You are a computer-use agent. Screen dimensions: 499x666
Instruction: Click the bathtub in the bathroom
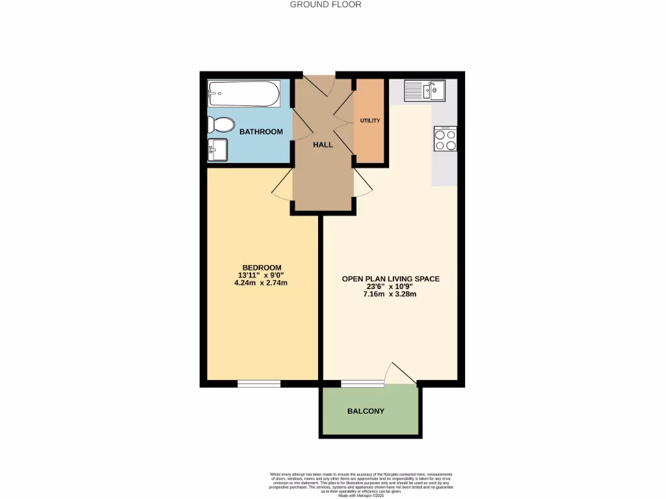tap(245, 94)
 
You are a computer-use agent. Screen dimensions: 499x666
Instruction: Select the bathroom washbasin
tap(218, 149)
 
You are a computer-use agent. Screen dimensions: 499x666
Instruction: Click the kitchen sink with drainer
tap(424, 90)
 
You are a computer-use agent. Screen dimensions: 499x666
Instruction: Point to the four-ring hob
tap(446, 138)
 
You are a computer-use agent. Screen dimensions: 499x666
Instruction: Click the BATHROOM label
tap(261, 132)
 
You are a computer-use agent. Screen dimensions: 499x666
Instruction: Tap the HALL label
tap(323, 145)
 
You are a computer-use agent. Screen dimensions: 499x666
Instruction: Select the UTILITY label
tap(370, 121)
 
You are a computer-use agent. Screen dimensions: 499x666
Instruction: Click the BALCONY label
tap(366, 411)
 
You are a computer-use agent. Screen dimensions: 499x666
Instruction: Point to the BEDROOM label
tap(261, 268)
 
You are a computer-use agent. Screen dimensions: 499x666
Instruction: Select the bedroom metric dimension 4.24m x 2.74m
tap(261, 283)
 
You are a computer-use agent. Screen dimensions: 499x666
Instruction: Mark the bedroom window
tap(259, 384)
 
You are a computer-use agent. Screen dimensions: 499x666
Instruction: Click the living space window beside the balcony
tap(362, 384)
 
